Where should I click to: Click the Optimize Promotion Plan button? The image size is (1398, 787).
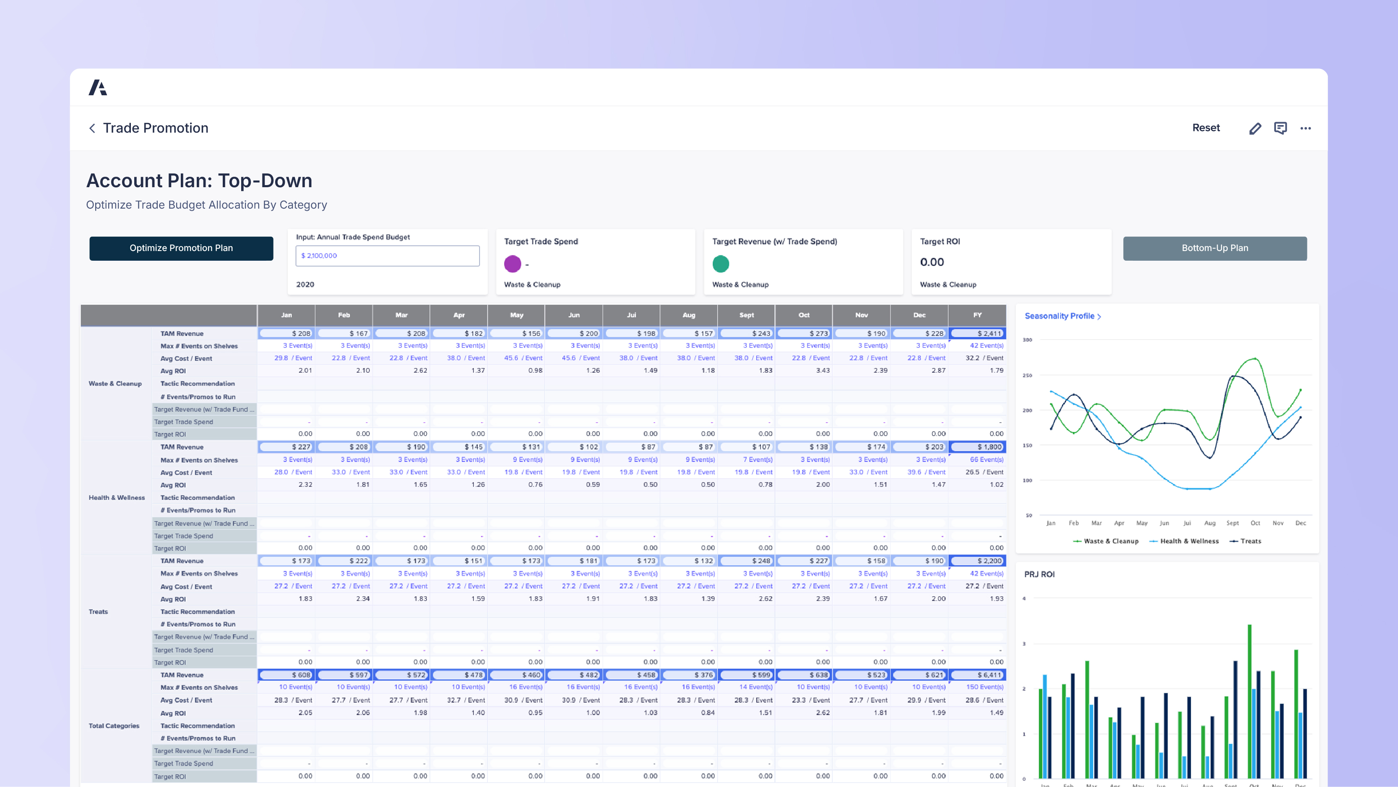click(x=181, y=248)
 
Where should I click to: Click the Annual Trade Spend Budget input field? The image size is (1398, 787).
click(x=388, y=256)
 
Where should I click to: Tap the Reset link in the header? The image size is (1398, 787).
click(x=1206, y=128)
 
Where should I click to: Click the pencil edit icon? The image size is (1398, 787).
click(x=1255, y=128)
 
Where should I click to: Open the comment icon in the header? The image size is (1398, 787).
click(x=1280, y=128)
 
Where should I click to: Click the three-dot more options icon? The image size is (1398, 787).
click(x=1306, y=128)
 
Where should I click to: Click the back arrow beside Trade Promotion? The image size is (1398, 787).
click(x=92, y=128)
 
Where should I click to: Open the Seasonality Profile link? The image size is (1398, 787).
click(x=1062, y=316)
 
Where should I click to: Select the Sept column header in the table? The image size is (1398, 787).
click(x=746, y=315)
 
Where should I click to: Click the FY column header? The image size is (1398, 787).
click(x=977, y=315)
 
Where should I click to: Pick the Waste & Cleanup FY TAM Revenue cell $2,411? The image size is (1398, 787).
click(x=977, y=334)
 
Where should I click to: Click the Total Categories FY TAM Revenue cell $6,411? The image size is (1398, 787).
click(x=977, y=675)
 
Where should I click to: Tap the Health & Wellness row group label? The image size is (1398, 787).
click(x=117, y=497)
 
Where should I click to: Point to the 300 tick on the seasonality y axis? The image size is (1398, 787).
click(x=1027, y=340)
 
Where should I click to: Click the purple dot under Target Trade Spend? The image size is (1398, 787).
click(x=512, y=264)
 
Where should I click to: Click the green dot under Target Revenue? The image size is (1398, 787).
click(x=721, y=264)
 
